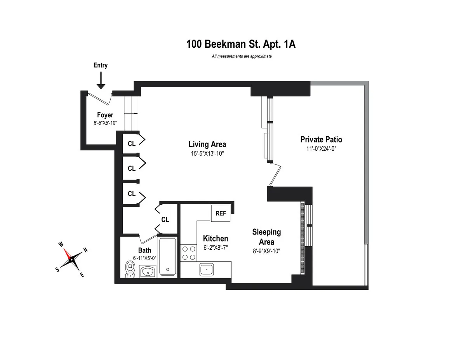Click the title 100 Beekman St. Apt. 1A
[241, 44]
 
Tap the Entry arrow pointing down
[101, 80]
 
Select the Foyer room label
[105, 115]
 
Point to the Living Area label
[207, 144]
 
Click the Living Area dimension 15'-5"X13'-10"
[207, 153]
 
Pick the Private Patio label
[321, 139]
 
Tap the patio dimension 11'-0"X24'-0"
[321, 148]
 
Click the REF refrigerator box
[221, 213]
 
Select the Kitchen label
[215, 238]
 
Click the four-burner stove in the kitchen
[188, 252]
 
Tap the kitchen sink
[207, 268]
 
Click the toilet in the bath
[130, 269]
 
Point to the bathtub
[167, 256]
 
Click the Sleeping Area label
[266, 237]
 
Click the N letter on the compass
[86, 250]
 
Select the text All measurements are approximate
[241, 56]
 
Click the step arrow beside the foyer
[132, 114]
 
